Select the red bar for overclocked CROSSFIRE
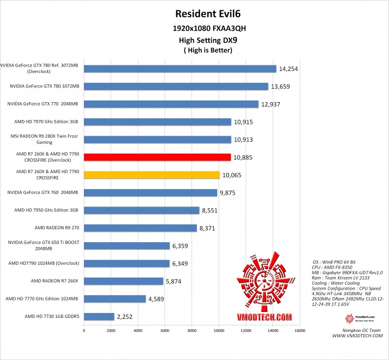coord(157,157)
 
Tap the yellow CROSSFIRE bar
coord(151,175)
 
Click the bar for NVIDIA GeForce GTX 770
coord(171,104)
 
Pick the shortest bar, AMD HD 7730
coord(99,316)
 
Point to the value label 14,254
coord(288,69)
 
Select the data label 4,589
coord(159,298)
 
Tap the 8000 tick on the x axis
coord(192,330)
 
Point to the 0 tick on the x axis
coord(84,330)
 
